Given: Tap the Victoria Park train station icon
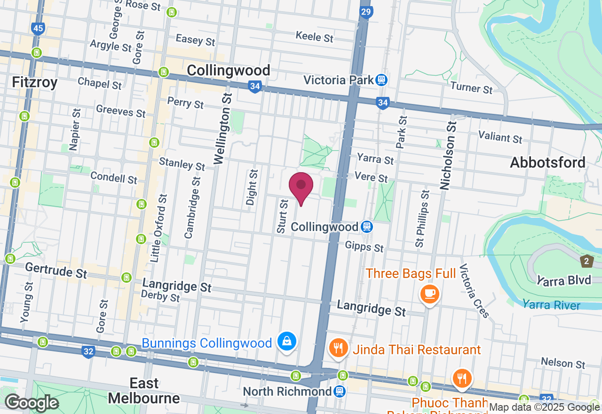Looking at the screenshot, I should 381,80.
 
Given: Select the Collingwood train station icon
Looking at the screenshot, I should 366,227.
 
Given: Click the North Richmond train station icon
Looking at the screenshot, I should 339,391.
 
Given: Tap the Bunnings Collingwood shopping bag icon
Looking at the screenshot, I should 286,342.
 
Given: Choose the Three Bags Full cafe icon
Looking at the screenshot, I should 429,294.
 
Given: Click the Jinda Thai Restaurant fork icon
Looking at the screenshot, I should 338,349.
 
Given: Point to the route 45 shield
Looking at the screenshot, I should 39,29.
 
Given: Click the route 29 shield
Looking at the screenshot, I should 366,12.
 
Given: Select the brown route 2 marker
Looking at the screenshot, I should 586,261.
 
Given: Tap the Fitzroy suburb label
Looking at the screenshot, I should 35,83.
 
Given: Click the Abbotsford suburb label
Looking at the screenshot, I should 547,163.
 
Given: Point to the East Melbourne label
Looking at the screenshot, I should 144,391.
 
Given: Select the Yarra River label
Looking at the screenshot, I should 551,305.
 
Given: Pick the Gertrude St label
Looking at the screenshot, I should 56,271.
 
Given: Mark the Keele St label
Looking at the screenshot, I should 315,36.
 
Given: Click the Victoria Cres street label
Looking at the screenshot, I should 475,290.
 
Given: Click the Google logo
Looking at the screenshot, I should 32,403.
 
